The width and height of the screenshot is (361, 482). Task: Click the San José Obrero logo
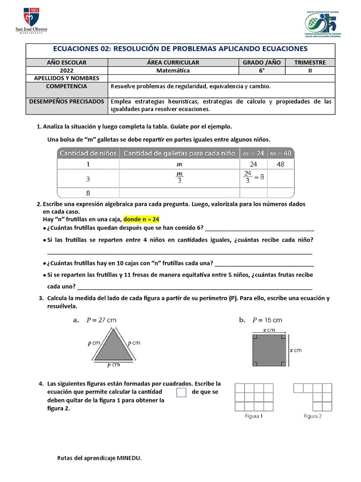point(31,21)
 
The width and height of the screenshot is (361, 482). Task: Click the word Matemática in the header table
point(173,71)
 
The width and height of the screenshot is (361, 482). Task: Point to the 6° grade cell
point(260,71)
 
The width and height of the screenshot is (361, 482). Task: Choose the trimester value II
point(309,71)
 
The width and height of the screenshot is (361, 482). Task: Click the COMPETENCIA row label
point(66,87)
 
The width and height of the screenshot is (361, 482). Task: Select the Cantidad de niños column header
point(88,153)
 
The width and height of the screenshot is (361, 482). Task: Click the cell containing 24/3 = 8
point(253,178)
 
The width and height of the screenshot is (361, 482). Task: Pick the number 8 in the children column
point(88,193)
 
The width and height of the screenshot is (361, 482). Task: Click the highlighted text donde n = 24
point(141,219)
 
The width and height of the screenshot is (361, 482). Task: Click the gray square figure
point(268,350)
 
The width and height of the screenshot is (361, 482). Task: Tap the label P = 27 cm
point(101,320)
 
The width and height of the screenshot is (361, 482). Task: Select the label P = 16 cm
point(267,320)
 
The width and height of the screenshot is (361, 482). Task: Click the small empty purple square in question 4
point(181,393)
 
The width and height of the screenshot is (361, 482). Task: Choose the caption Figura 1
point(254,416)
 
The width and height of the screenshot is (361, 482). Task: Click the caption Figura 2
point(312,416)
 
